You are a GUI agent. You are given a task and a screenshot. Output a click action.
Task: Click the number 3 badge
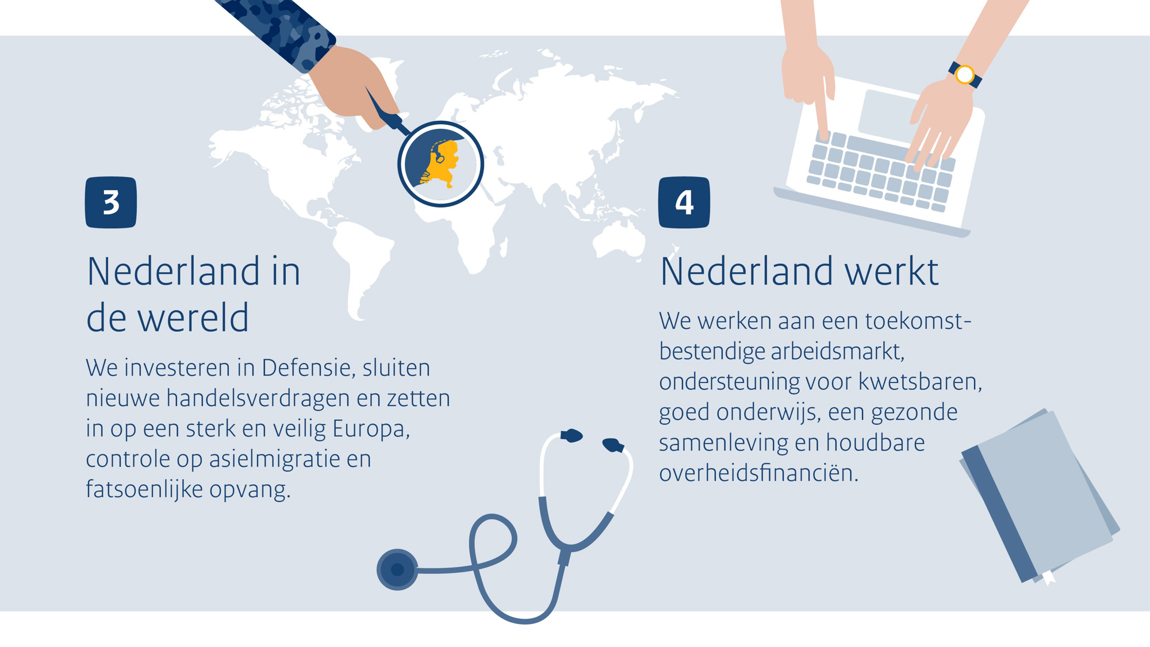coord(111,202)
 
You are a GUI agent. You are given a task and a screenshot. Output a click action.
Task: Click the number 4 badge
coord(684,202)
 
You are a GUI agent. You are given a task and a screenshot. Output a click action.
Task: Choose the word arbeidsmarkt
coord(838,351)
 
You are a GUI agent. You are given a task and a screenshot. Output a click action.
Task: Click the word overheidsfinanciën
coord(759,473)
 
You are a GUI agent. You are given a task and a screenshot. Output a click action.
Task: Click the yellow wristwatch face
coord(965,75)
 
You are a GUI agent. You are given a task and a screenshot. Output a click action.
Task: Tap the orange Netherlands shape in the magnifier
coord(443,164)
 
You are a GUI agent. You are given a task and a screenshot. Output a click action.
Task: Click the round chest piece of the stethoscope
coord(397,569)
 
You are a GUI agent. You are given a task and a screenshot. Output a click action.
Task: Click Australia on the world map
coord(619,239)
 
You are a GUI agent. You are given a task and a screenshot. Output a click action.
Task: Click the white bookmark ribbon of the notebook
coord(1048,577)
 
